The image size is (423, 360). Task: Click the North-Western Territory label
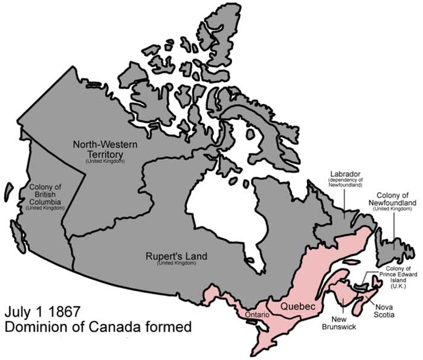105,149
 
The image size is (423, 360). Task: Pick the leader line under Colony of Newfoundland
394,233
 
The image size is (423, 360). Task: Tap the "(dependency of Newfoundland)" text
345,182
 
